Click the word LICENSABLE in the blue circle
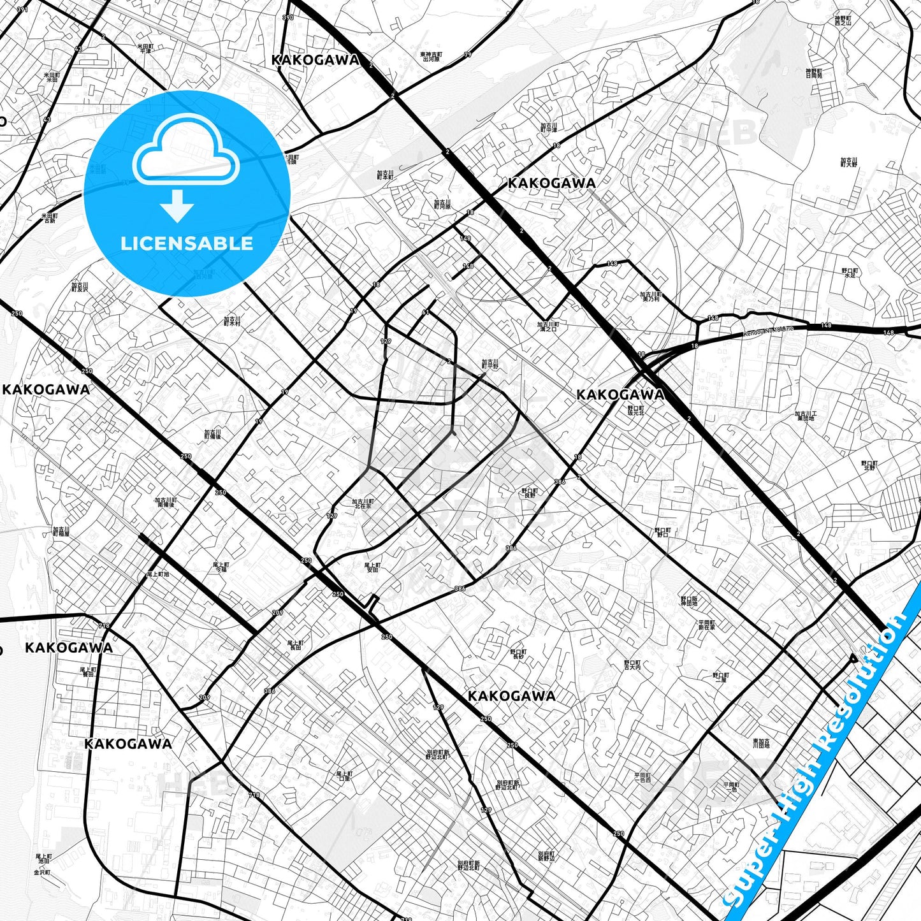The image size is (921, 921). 187,243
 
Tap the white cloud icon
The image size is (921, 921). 185,152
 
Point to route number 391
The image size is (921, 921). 23,10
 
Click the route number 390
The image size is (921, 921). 288,17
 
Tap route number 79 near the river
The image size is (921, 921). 468,55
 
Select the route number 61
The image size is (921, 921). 425,312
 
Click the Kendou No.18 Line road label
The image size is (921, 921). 768,332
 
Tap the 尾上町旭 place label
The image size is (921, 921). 157,574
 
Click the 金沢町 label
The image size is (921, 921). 43,872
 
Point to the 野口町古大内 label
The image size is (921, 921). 632,665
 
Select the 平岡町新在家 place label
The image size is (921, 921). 706,624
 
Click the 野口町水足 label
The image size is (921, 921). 850,273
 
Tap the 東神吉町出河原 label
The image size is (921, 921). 431,57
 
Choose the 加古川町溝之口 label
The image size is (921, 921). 548,326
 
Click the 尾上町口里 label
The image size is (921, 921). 344,776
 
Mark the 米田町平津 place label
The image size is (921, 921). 146,48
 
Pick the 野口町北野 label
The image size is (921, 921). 869,465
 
